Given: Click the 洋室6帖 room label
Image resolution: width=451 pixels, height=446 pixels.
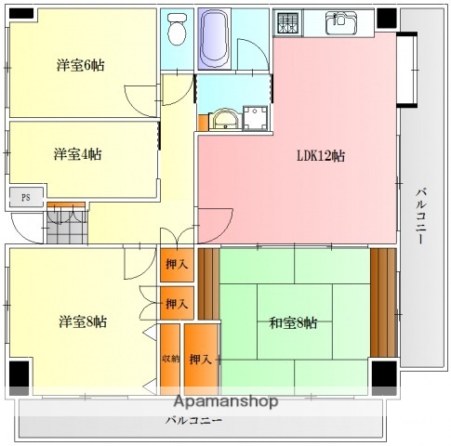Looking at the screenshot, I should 80,65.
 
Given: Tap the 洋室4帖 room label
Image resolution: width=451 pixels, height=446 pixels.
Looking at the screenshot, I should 77,153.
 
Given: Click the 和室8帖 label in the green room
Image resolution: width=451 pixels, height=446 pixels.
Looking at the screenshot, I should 293,322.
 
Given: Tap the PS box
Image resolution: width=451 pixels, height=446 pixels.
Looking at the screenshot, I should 26,197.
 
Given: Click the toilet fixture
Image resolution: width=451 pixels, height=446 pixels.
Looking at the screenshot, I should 175,33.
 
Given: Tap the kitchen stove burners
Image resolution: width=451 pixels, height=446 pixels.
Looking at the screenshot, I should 288,22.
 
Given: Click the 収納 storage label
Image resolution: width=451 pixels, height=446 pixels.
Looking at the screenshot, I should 169,358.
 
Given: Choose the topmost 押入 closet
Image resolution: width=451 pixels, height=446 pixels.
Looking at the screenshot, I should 177,265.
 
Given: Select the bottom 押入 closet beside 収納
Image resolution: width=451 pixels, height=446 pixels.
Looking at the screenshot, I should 201,359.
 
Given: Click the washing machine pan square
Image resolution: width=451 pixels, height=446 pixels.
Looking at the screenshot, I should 253,118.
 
